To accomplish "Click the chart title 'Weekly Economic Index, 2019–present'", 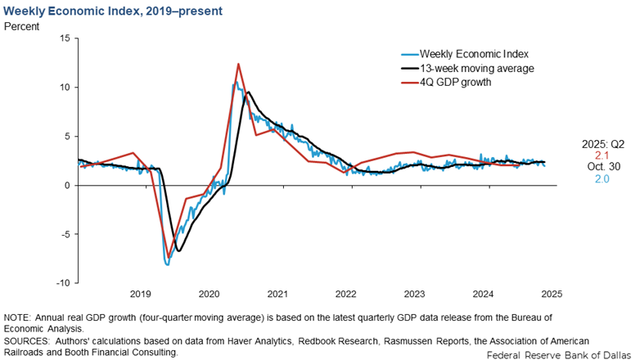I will click(x=111, y=11).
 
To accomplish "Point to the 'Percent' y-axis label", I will click(x=25, y=26).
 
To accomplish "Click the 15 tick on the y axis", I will click(x=65, y=38).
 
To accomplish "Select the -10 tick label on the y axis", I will click(x=62, y=283).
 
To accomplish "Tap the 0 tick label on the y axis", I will click(x=67, y=186).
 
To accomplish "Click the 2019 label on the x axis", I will click(x=140, y=294).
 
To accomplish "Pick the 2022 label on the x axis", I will click(x=345, y=294).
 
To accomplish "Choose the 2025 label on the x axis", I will click(x=551, y=294).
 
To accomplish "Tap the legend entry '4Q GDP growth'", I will click(x=449, y=82).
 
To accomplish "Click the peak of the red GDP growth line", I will click(x=238, y=64).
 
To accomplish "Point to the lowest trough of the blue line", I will click(x=168, y=264).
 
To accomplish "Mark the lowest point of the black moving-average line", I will click(x=178, y=250).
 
